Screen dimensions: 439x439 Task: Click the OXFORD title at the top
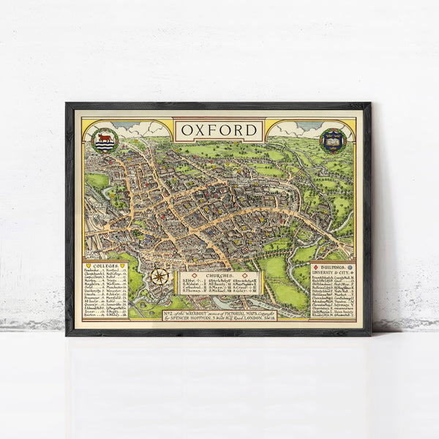click(x=218, y=131)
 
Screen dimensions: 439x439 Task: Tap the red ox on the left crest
click(x=105, y=137)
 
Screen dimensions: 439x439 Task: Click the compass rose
click(x=160, y=277)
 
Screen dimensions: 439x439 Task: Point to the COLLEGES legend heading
click(x=105, y=266)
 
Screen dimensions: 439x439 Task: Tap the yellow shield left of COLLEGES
click(x=89, y=266)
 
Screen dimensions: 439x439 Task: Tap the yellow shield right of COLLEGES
click(x=121, y=266)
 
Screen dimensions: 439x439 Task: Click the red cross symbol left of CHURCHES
click(x=198, y=275)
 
